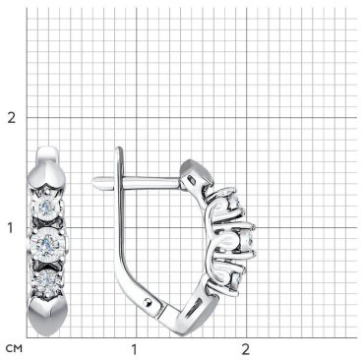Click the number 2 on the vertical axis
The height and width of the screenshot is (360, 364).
(x=12, y=118)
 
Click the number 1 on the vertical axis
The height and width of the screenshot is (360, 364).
(x=11, y=228)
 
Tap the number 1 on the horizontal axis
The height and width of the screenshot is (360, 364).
(x=134, y=349)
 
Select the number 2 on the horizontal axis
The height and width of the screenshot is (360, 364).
(x=245, y=349)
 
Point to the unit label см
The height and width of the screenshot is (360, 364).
(x=14, y=349)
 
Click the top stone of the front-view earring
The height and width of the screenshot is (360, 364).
(x=47, y=207)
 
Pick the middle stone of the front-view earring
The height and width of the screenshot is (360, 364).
(x=46, y=243)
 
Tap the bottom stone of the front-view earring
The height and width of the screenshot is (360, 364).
(x=47, y=280)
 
